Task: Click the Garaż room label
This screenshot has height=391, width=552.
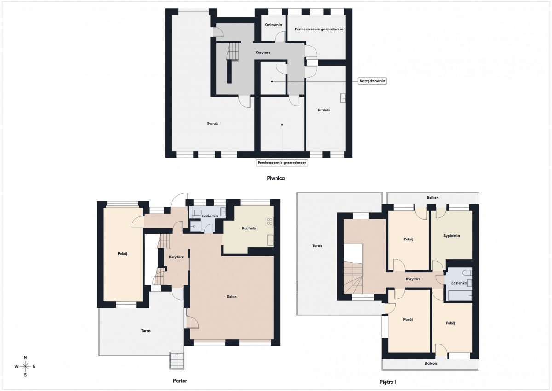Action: click(x=212, y=123)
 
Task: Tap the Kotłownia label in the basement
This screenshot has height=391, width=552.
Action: click(x=273, y=25)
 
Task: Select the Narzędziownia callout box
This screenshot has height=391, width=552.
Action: click(x=372, y=81)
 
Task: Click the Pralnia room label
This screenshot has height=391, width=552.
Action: click(x=324, y=110)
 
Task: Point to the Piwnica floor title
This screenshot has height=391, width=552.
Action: click(x=276, y=178)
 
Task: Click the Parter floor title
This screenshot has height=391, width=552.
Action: click(x=180, y=381)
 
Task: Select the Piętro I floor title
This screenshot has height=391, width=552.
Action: click(x=388, y=382)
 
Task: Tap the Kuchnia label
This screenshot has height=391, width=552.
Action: click(x=249, y=228)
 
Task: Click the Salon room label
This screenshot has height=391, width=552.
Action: click(x=232, y=297)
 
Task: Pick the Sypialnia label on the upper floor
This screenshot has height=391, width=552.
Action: click(x=451, y=236)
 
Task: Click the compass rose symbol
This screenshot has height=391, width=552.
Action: click(x=25, y=366)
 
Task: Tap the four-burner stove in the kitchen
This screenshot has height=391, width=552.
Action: click(x=270, y=221)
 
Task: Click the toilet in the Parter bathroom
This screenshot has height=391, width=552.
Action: click(x=197, y=212)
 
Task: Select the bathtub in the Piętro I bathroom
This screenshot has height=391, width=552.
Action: click(x=460, y=295)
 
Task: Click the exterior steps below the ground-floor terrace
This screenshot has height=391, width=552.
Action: click(x=177, y=361)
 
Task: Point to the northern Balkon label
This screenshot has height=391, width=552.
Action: click(x=433, y=198)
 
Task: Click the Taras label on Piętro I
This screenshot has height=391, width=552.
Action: click(x=317, y=246)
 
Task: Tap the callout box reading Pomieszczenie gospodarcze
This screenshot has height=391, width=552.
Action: click(x=282, y=163)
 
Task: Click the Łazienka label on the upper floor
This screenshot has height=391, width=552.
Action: click(x=459, y=283)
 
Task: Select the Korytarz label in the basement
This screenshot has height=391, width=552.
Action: click(x=263, y=53)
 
